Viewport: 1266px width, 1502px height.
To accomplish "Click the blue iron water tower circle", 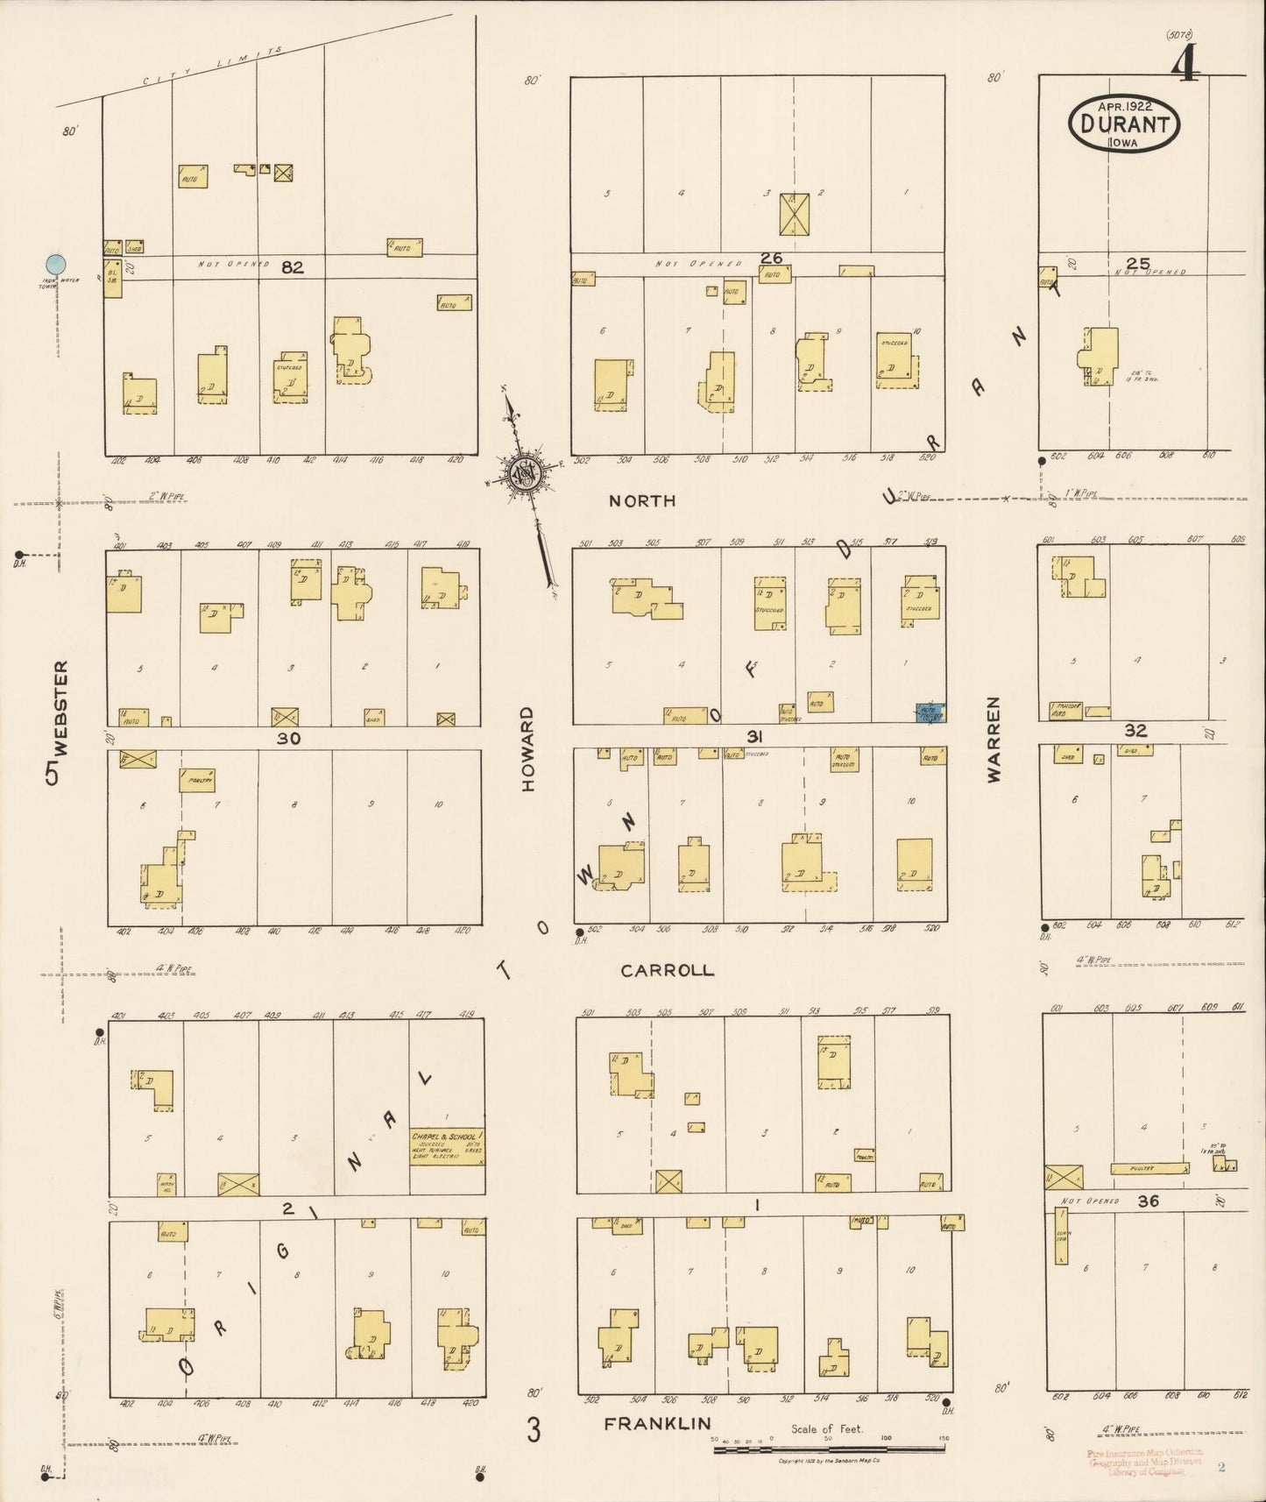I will [55, 263].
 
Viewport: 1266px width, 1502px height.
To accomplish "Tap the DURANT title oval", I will [1124, 124].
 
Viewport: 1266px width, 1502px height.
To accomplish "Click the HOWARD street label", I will [527, 750].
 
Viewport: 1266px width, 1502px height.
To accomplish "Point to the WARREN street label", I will [994, 740].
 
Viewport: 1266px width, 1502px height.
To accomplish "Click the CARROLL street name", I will [667, 971].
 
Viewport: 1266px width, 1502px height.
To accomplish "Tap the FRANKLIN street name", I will [657, 1425].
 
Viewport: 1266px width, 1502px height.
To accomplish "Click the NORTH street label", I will [642, 501].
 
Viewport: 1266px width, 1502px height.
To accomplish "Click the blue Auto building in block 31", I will [930, 712].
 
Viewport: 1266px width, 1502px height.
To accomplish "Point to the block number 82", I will [292, 268].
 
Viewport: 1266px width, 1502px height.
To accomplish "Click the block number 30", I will [288, 739].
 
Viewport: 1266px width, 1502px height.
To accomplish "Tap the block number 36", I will [1148, 1201].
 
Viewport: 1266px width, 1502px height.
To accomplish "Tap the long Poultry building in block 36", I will [1149, 1168].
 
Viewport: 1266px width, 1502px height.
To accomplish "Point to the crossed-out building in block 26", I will [795, 214].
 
